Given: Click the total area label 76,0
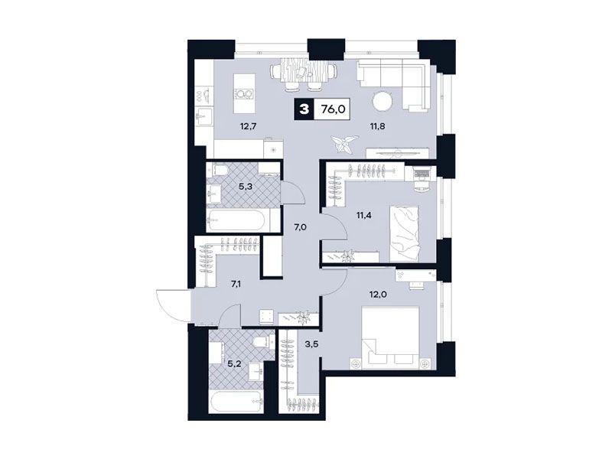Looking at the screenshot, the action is click(x=333, y=109).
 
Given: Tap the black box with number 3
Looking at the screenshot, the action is click(x=304, y=109).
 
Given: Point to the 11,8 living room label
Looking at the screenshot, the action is click(x=377, y=126).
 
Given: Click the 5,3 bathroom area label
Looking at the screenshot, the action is click(x=246, y=187).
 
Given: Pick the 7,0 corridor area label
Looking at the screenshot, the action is click(x=300, y=227).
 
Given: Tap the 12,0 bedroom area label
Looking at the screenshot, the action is click(x=378, y=295).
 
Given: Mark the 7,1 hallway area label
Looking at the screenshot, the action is click(x=236, y=284).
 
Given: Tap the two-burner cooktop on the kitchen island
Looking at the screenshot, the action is click(x=244, y=94).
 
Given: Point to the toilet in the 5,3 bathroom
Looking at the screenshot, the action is click(x=221, y=169).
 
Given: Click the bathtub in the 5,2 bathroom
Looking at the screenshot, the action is click(x=236, y=402).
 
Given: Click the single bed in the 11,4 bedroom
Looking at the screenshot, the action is click(x=405, y=234).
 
